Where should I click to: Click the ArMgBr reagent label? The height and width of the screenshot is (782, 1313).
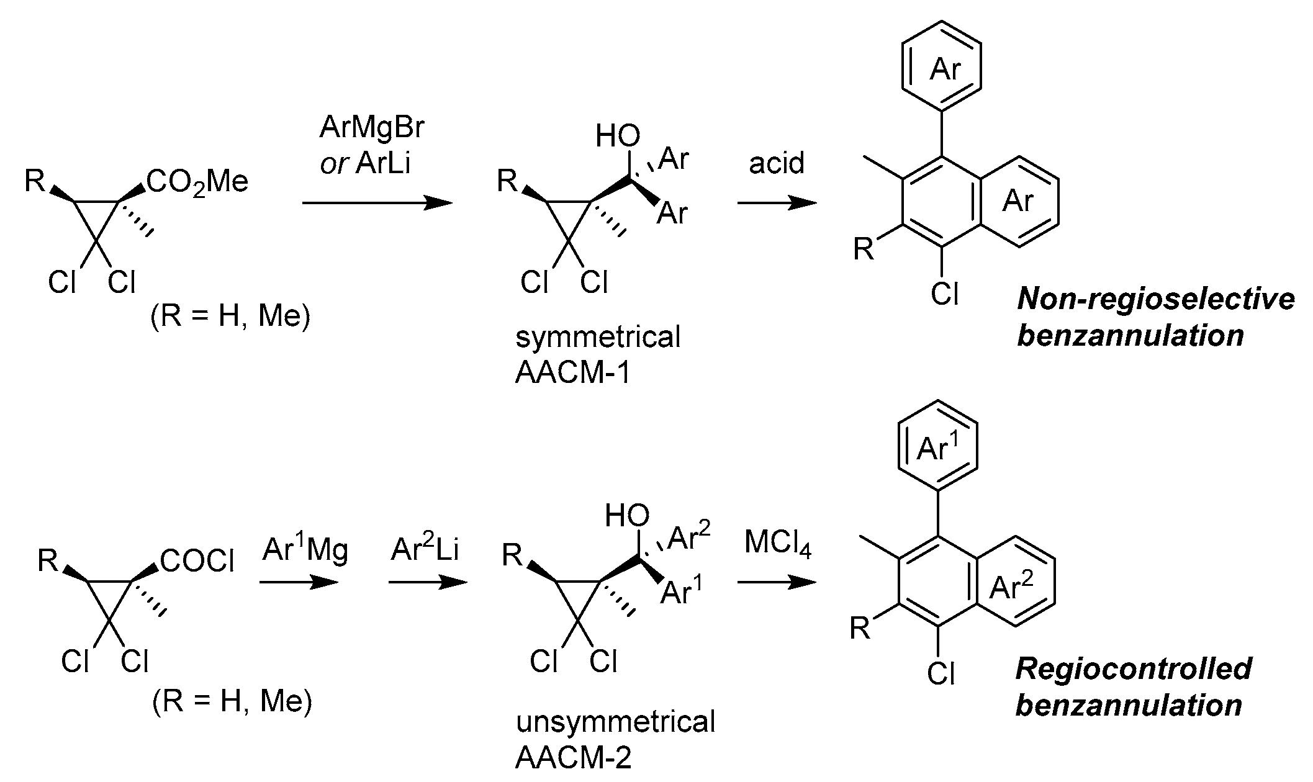(x=372, y=128)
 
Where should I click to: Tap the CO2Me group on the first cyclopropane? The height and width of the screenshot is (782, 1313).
(x=197, y=182)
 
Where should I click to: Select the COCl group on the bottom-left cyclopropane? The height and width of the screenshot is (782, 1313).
(x=197, y=562)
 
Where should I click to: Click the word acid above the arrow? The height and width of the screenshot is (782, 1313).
(x=776, y=163)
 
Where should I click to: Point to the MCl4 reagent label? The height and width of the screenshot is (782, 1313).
(x=777, y=544)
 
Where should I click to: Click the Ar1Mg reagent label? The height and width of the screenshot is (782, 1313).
(x=305, y=549)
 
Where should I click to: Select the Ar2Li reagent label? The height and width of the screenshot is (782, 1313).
(x=425, y=549)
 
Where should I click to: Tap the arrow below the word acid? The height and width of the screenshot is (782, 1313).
(x=777, y=203)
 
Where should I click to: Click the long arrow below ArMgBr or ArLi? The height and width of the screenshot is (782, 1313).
(x=377, y=203)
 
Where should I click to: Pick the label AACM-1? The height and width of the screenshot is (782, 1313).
(x=572, y=374)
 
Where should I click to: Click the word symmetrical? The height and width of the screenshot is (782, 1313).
(x=598, y=337)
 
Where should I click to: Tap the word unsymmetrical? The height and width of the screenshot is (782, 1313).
(x=615, y=722)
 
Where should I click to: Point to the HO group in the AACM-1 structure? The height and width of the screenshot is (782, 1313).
(x=617, y=136)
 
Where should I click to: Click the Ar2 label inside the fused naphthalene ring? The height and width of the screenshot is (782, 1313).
(x=1011, y=586)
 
